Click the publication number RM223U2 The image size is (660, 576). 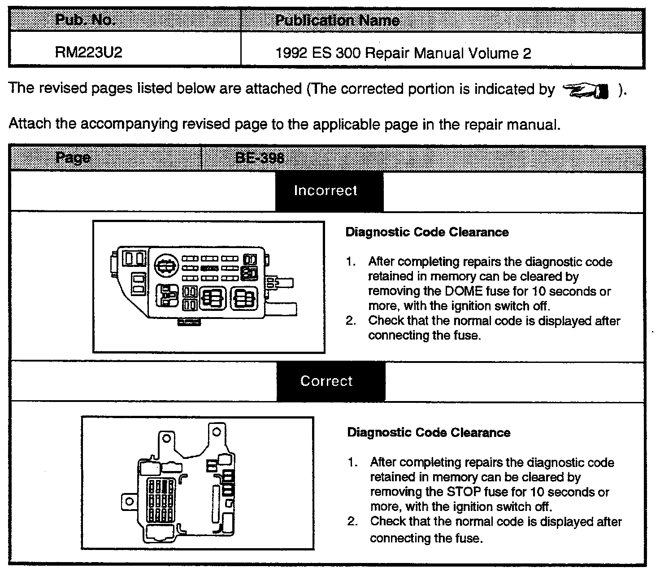[88, 53]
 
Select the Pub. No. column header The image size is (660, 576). [86, 21]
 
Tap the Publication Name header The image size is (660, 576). [337, 21]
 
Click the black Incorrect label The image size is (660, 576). [326, 191]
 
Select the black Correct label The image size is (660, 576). [326, 381]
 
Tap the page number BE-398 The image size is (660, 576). [260, 158]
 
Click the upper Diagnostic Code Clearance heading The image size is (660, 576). [427, 232]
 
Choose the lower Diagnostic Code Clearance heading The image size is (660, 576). [429, 433]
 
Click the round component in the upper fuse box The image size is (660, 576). [166, 266]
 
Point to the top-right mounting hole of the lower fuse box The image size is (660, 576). [217, 432]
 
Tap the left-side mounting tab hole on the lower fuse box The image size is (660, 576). [129, 502]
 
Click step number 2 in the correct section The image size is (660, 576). [352, 522]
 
